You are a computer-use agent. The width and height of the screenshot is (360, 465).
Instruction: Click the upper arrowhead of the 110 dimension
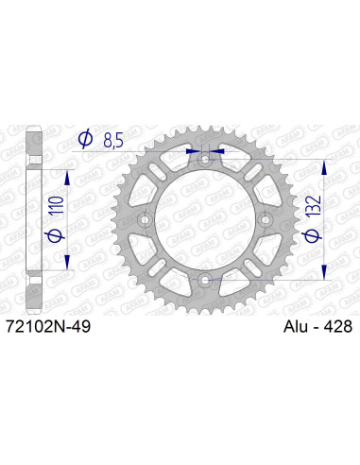pos(66,177)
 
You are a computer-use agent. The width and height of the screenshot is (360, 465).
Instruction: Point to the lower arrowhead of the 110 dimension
pos(66,265)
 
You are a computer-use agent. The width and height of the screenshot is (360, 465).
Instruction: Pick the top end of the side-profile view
pos(33,129)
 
